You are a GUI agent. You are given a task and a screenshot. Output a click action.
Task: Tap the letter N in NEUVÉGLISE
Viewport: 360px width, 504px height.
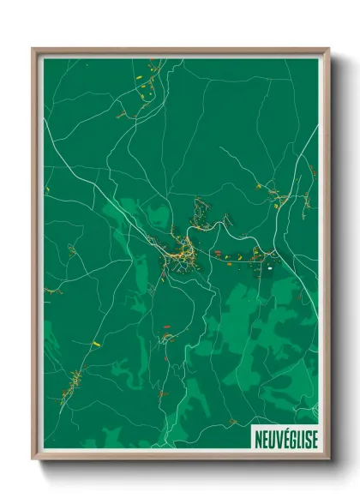click(257, 439)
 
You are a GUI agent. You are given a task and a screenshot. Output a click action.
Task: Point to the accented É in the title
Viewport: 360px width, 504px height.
click(283, 439)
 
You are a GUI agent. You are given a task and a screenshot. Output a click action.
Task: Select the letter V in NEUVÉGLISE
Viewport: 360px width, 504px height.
click(276, 439)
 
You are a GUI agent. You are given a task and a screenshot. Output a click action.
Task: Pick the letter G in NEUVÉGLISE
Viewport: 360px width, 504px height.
click(290, 439)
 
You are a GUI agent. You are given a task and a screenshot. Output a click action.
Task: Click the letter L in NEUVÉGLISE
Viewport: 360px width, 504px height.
click(297, 439)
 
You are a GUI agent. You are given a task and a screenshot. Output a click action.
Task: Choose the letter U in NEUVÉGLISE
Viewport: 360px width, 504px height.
click(269, 439)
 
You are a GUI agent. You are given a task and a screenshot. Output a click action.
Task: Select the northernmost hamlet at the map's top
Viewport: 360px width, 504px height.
click(144, 81)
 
